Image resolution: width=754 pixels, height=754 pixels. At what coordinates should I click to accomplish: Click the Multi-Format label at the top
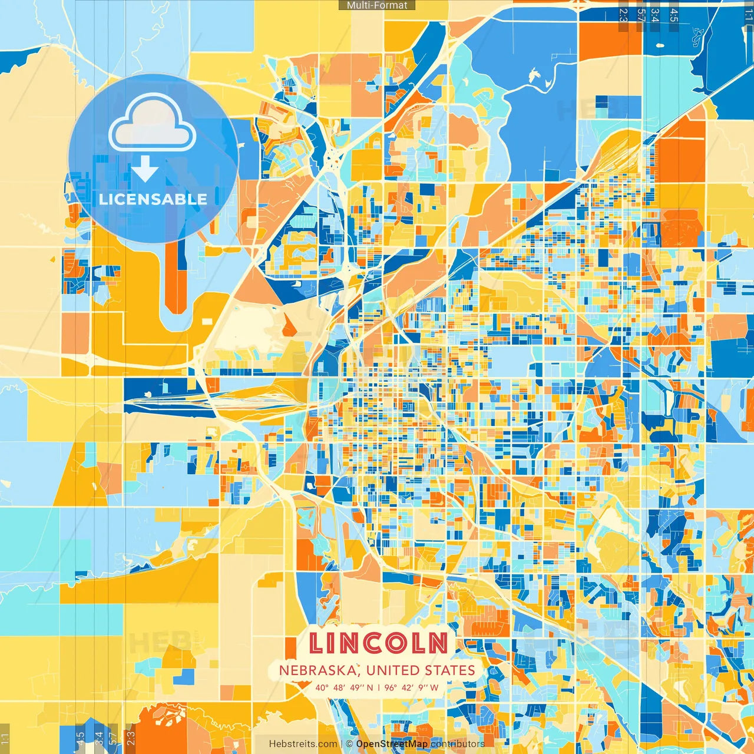(377, 5)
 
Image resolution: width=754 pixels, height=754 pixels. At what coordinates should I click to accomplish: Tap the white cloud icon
(152, 124)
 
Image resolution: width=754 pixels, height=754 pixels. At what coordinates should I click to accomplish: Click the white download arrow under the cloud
(144, 168)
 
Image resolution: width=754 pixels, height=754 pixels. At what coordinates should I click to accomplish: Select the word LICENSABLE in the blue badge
(153, 199)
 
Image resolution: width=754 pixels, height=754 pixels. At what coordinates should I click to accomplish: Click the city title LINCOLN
(378, 643)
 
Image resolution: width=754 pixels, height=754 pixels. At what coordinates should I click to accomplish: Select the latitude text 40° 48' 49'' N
(344, 687)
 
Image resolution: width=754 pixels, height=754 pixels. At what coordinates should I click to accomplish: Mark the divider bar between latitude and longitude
(379, 687)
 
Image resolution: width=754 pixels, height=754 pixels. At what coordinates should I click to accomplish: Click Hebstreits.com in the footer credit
(303, 744)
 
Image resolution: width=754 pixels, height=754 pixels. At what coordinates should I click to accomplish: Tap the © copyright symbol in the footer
(349, 744)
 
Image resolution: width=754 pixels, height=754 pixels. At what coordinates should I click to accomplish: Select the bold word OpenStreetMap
(392, 744)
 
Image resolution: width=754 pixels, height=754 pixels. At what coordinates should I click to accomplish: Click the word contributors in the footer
(458, 744)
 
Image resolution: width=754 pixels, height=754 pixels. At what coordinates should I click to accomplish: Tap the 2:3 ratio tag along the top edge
(623, 15)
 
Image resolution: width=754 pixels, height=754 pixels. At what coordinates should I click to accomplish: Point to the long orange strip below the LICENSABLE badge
(176, 277)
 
